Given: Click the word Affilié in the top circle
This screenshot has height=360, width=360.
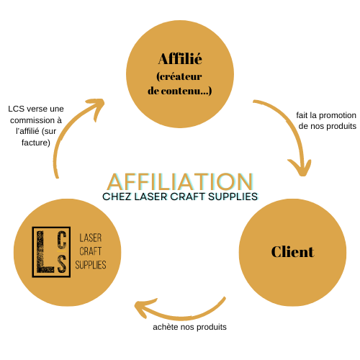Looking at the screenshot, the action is (180, 59).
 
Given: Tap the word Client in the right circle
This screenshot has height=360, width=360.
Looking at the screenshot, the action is (292, 252).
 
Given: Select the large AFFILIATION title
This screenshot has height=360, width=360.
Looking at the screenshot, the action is (180, 181).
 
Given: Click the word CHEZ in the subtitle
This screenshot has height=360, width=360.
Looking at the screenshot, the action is (117, 197).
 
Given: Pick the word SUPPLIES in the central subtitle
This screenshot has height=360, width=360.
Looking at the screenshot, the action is (233, 197).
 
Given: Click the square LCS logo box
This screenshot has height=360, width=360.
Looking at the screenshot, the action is (51, 252).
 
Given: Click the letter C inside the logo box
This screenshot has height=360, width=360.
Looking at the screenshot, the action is (62, 240).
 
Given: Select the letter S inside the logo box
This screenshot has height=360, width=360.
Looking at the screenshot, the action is (62, 264).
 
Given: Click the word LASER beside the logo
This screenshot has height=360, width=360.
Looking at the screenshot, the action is (91, 238).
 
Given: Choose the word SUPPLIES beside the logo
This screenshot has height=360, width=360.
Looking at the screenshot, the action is (91, 265).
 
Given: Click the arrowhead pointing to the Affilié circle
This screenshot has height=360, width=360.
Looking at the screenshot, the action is (96, 107).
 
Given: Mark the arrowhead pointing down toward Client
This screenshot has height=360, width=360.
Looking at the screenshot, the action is (300, 167).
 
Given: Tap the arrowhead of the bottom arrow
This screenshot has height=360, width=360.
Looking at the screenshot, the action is (144, 307).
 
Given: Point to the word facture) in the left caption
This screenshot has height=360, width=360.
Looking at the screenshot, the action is (36, 143).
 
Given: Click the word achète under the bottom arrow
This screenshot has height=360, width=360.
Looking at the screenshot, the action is (166, 327).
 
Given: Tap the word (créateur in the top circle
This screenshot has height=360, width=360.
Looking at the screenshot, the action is (179, 77).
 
